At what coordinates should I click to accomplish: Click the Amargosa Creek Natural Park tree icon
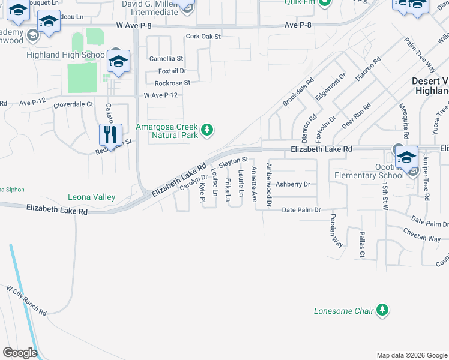click(207, 130)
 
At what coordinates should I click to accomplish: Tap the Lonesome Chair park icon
click(381, 310)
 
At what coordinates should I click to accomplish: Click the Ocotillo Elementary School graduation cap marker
click(406, 157)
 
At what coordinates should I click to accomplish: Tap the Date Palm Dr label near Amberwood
click(301, 210)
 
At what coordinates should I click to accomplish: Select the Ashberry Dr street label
click(292, 184)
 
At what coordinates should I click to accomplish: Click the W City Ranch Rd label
click(26, 301)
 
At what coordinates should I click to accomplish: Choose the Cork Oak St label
click(203, 37)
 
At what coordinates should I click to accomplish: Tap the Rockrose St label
click(172, 83)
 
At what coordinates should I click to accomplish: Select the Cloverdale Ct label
click(74, 104)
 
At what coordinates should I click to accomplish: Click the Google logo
click(20, 353)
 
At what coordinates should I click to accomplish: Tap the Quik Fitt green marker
click(325, 2)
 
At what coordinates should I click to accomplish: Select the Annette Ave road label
click(255, 184)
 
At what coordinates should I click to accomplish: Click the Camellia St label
click(166, 59)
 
